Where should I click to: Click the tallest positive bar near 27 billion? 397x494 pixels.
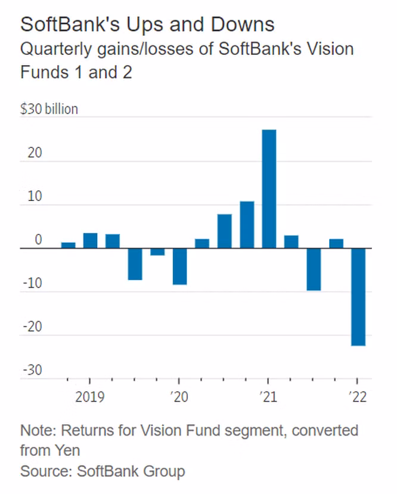(269, 189)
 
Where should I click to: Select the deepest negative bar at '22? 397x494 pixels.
(358, 297)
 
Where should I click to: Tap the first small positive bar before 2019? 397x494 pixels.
(69, 245)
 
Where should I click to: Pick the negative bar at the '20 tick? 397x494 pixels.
(180, 267)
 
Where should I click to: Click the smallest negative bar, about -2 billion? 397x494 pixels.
(157, 252)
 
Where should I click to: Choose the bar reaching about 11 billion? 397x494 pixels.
(247, 225)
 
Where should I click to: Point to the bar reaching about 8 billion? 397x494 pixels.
(225, 231)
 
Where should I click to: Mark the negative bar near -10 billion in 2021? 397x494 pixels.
(314, 269)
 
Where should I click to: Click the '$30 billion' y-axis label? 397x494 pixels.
(49, 109)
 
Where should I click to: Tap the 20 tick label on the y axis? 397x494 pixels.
(35, 153)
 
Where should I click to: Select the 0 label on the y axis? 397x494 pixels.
(38, 240)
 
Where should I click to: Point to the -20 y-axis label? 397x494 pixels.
(32, 327)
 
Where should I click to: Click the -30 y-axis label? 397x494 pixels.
(32, 370)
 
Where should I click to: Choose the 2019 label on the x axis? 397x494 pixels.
(90, 397)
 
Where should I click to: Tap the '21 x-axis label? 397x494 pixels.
(268, 397)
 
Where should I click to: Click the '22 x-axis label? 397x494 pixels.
(358, 397)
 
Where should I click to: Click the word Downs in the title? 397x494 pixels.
(243, 24)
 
